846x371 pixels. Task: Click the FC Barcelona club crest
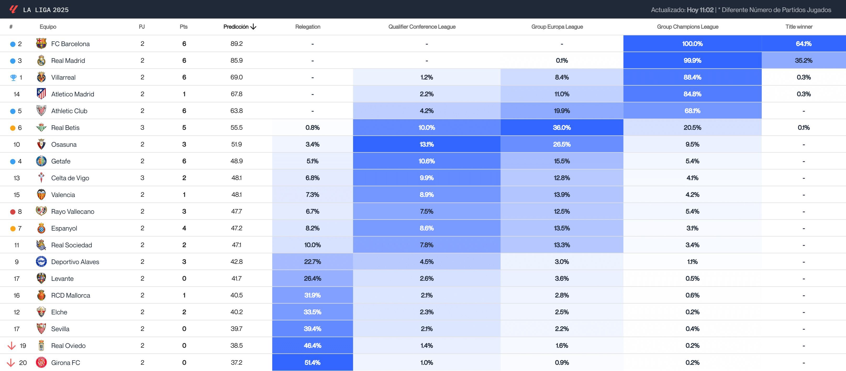click(41, 43)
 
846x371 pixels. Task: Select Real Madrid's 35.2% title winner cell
click(803, 61)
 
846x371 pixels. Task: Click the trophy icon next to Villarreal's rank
click(13, 78)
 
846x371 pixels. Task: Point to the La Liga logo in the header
click(13, 9)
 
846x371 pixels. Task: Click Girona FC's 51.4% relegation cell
click(312, 362)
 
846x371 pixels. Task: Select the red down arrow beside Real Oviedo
click(12, 346)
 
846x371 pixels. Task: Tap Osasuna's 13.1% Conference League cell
click(426, 144)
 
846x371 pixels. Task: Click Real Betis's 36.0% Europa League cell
click(561, 128)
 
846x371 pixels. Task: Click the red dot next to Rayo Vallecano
click(13, 212)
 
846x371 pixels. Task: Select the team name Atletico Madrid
click(73, 94)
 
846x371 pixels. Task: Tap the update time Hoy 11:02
click(700, 10)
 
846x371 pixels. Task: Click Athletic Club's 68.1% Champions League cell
click(692, 111)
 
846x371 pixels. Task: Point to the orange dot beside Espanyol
click(13, 229)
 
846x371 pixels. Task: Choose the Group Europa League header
click(557, 27)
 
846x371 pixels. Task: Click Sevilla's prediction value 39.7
click(236, 329)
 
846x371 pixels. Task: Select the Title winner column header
click(799, 27)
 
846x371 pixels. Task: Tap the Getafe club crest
click(41, 161)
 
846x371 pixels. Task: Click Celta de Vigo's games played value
click(142, 178)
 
